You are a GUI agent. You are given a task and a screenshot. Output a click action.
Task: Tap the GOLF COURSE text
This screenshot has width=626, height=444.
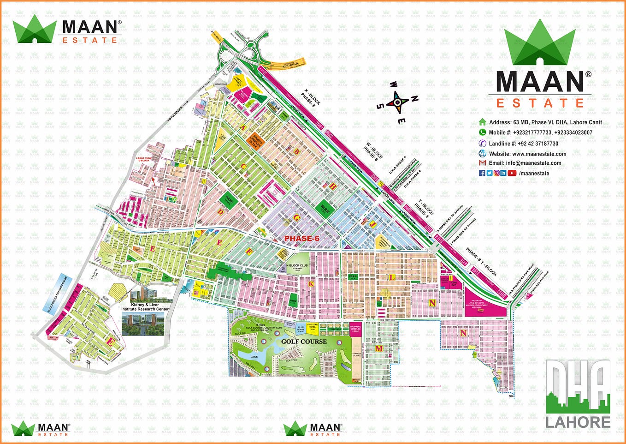pos(304,342)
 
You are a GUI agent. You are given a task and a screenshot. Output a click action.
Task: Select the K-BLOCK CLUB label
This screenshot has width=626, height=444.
pos(297,266)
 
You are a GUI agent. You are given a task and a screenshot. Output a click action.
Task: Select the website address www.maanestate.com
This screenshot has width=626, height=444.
pos(539,154)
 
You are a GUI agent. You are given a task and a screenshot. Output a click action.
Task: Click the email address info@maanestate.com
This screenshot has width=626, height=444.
pos(533,163)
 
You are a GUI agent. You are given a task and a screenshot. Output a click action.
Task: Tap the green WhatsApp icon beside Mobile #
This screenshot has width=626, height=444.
pos(483,132)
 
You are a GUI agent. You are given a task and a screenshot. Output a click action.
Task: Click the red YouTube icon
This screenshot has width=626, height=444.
pos(512,173)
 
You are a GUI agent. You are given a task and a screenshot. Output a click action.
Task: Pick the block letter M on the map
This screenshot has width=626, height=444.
pos(379,349)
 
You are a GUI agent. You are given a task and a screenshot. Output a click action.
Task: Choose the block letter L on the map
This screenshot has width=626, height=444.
pos(392,277)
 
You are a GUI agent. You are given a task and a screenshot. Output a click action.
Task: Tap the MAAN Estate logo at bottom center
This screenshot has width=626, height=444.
pos(314,429)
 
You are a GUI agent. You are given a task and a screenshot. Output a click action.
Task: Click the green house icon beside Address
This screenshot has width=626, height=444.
pos(483,122)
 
